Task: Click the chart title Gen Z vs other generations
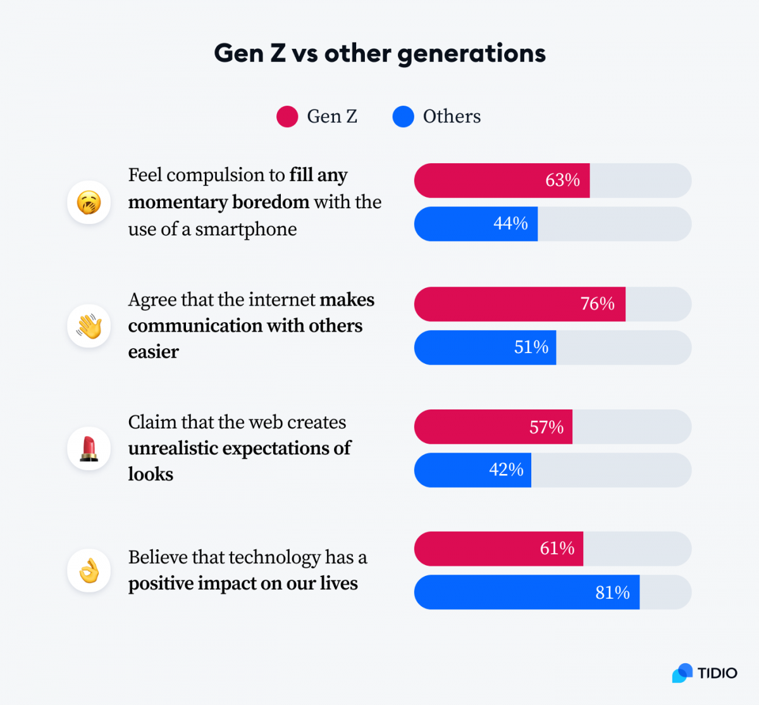(379, 53)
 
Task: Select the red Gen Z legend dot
(287, 116)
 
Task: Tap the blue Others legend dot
(403, 116)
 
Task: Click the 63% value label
(562, 180)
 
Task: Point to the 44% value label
(510, 223)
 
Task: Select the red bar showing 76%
(519, 304)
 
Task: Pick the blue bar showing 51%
(484, 347)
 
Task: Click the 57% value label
(546, 427)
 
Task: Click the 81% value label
(612, 592)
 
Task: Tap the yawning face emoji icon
(89, 203)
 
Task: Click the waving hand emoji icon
(89, 326)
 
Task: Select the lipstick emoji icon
(89, 448)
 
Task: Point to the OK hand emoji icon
(89, 570)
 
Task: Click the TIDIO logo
(705, 673)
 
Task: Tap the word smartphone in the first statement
(245, 229)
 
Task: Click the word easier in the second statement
(154, 352)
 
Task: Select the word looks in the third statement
(151, 474)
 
